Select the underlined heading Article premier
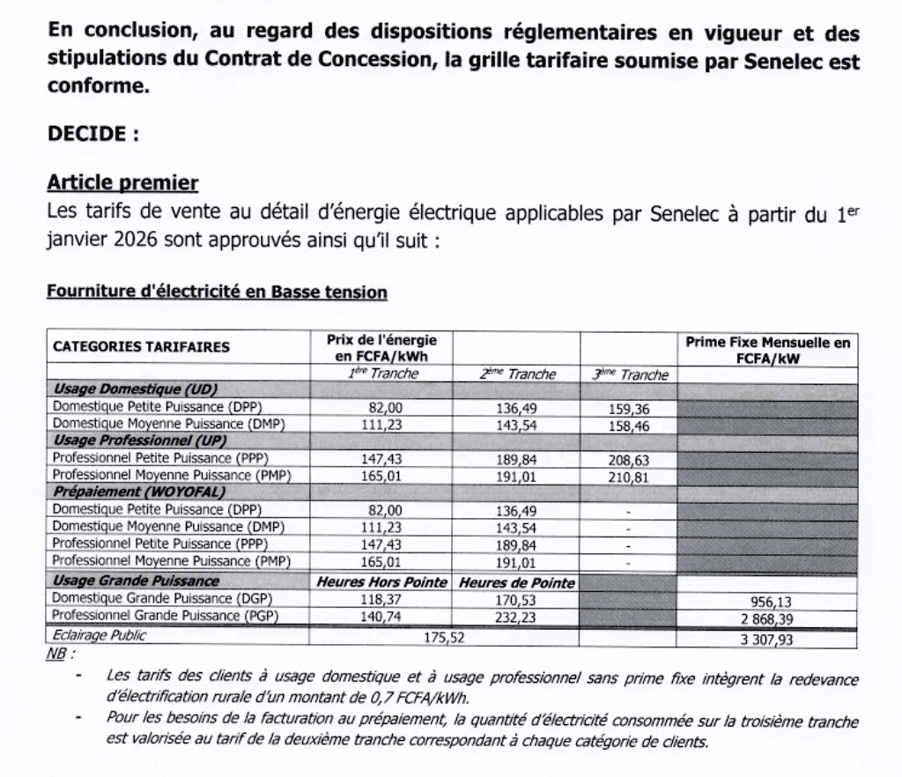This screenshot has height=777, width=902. [122, 183]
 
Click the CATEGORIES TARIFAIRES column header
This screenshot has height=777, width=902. [141, 346]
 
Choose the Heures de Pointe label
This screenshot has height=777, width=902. [517, 582]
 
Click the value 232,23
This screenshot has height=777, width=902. [516, 617]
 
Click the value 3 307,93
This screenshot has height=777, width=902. [768, 640]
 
